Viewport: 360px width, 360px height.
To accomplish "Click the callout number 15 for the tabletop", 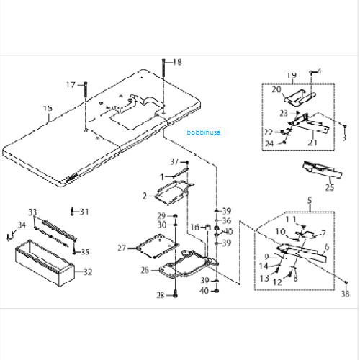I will tap(48, 109).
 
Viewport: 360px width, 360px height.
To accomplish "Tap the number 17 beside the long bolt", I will tap(71, 85).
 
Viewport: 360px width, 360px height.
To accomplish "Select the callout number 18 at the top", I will tap(177, 63).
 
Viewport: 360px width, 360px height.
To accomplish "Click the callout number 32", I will tap(88, 272).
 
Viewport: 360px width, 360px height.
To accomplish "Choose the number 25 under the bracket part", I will tap(330, 188).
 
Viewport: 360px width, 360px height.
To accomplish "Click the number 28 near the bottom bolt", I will tap(161, 295).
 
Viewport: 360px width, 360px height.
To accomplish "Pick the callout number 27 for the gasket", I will tap(122, 248).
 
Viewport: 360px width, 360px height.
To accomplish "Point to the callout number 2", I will tap(144, 195).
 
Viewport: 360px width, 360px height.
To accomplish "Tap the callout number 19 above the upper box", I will tap(292, 75).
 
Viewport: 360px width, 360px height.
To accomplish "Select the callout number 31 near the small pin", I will tap(84, 211).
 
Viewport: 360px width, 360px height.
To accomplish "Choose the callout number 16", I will tap(195, 227).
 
